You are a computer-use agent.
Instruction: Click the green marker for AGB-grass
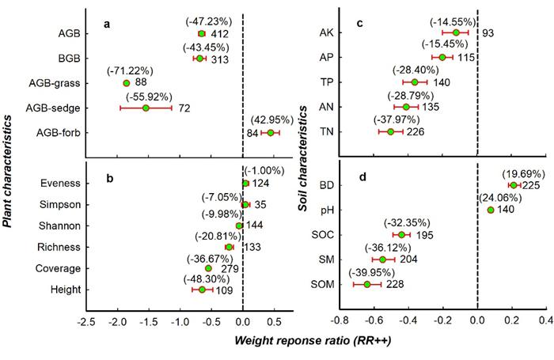coord(126,83)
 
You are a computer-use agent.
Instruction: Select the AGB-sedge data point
coord(146,108)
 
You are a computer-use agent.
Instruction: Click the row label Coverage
coord(59,268)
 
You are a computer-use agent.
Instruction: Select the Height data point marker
coord(202,290)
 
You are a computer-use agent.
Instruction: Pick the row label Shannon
coord(60,225)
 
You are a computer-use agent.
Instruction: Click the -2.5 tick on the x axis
coord(86,323)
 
